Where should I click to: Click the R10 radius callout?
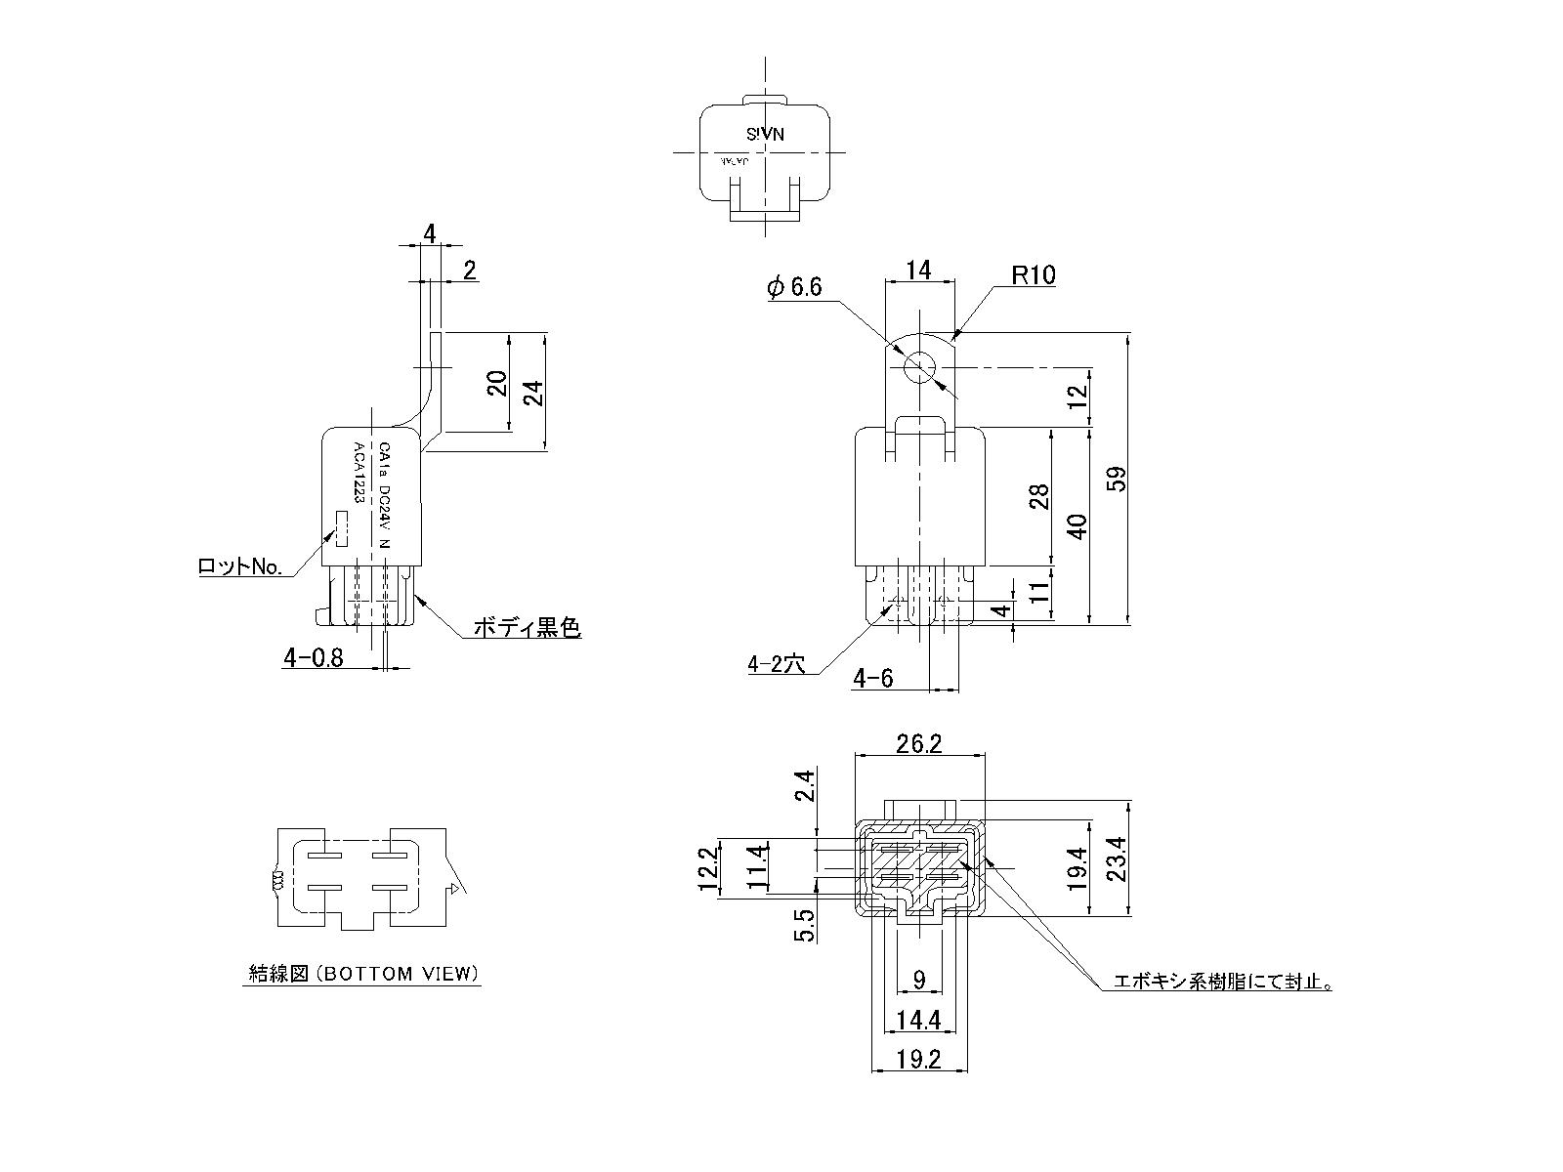1033,275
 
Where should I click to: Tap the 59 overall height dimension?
1118,478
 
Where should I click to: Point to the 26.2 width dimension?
918,744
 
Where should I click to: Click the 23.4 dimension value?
1118,859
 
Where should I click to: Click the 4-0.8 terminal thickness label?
313,658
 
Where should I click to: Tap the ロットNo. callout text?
239,566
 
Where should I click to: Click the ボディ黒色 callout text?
527,628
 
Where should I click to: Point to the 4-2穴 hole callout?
776,665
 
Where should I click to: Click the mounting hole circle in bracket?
919,368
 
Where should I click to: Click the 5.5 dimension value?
805,924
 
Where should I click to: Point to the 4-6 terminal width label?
872,679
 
